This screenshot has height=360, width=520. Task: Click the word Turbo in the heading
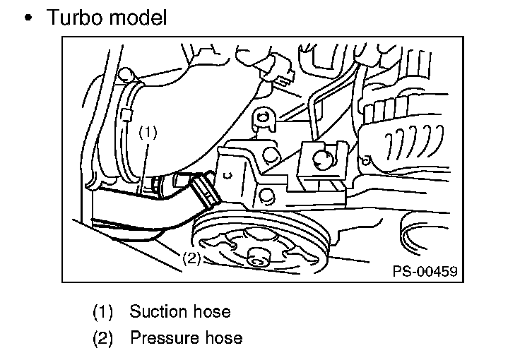(x=73, y=18)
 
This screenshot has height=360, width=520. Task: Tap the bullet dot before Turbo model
(x=29, y=18)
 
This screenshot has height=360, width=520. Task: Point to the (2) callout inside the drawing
(x=191, y=258)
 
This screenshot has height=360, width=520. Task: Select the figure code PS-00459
(x=424, y=270)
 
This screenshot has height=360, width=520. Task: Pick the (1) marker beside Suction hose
(x=102, y=311)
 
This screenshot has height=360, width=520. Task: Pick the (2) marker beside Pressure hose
(x=102, y=338)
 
